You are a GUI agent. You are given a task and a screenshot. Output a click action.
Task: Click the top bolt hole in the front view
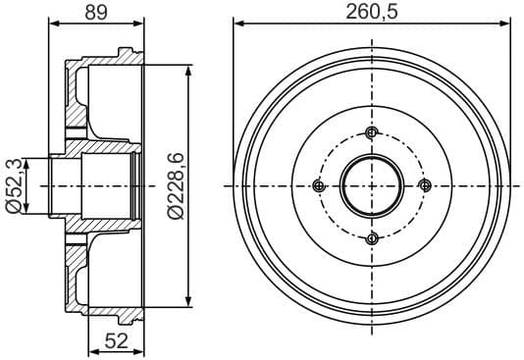click(371, 133)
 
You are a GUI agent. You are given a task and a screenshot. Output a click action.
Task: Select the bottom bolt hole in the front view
click(371, 238)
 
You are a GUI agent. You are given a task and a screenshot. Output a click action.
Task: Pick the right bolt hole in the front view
click(424, 185)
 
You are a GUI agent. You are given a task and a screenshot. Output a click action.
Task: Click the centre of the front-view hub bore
click(371, 185)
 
